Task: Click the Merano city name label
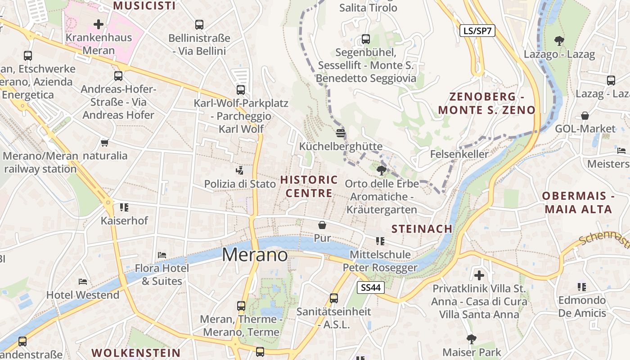[255, 255]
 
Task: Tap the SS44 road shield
[371, 288]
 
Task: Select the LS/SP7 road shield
[477, 31]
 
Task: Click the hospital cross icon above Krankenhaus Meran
[98, 24]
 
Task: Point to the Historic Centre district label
[309, 186]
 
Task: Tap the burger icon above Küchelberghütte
[341, 133]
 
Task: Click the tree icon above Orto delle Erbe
[381, 170]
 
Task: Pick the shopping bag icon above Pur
[322, 225]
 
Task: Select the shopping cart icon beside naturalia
[105, 143]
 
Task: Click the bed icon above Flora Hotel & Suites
[162, 255]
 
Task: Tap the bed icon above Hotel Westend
[83, 282]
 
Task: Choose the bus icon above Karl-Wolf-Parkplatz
[241, 90]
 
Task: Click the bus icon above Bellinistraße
[199, 25]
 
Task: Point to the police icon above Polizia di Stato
[240, 170]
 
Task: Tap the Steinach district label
[422, 229]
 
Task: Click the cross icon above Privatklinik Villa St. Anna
[479, 274]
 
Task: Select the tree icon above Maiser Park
[472, 338]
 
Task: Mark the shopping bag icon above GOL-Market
[585, 116]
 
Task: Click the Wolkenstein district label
[136, 352]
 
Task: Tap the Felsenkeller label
[459, 154]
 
